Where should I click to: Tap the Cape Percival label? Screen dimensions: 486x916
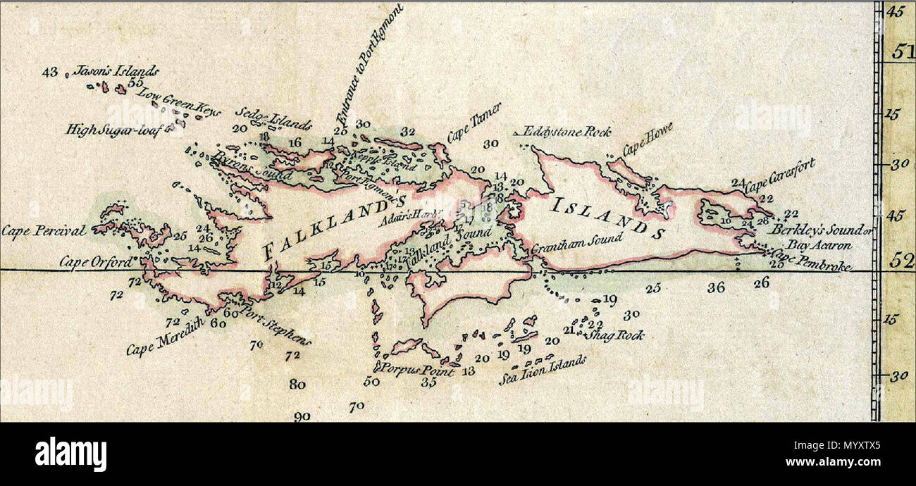coord(44,230)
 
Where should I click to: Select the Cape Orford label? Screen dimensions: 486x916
coord(95,262)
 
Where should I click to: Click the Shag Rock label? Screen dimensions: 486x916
coord(618,335)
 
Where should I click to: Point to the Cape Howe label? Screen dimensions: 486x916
coord(647,139)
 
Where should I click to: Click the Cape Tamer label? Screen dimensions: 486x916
coord(474,123)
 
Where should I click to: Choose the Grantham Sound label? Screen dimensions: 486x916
coord(576,244)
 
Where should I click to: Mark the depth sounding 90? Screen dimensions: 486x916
coord(302,416)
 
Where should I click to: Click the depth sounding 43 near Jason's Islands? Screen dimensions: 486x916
coord(49,72)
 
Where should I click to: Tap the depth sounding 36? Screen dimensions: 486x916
coord(716,287)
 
